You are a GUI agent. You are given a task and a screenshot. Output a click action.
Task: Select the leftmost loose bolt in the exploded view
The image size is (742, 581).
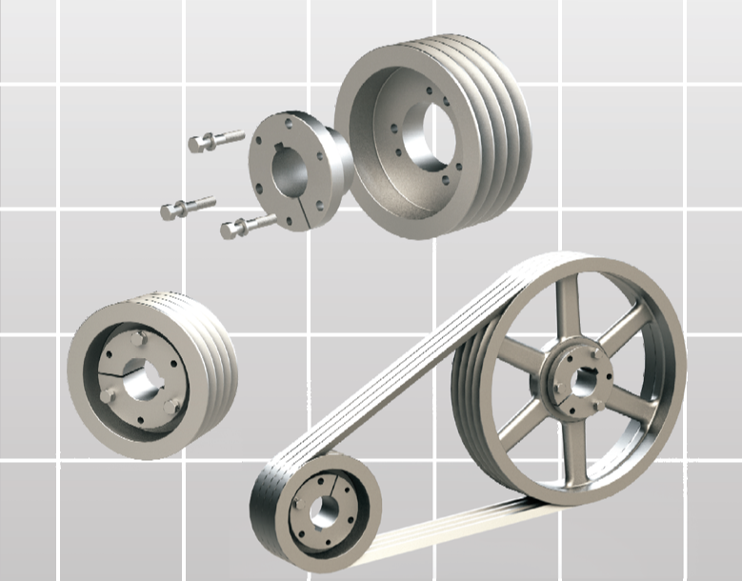click(188, 207)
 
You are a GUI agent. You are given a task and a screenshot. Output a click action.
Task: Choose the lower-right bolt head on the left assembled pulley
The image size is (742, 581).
click(170, 407)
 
